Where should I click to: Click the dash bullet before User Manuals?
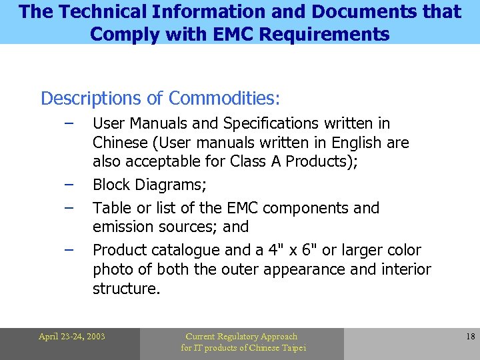(69, 122)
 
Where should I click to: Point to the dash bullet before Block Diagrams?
(69, 183)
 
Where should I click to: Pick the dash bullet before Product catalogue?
(69, 249)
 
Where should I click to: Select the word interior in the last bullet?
(405, 269)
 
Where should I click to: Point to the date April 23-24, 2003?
(71, 337)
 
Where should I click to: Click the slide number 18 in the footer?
(470, 337)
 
